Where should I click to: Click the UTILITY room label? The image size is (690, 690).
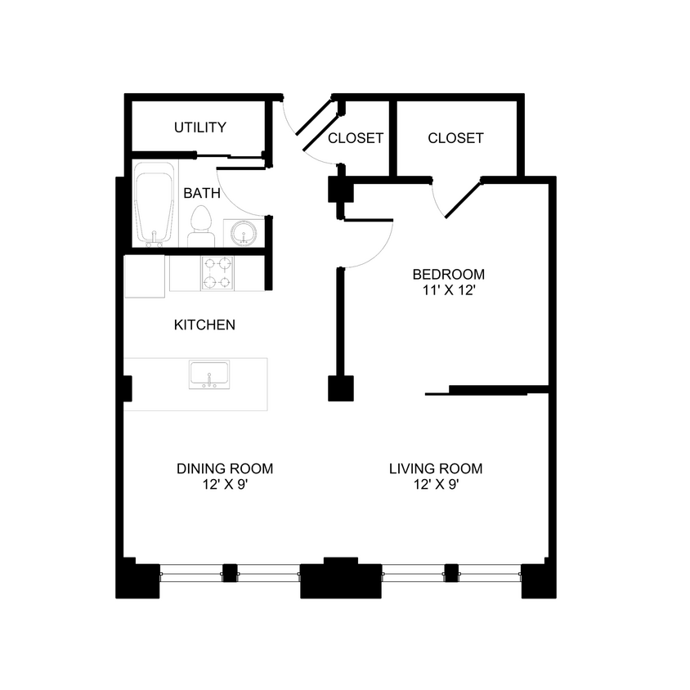(x=199, y=128)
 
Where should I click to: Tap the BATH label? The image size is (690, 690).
(x=201, y=194)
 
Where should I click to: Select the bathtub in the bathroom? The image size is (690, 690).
(x=155, y=204)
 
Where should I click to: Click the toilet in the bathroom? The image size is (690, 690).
(x=201, y=226)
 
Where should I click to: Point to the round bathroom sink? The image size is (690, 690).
(x=244, y=234)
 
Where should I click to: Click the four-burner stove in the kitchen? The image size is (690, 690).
(x=217, y=273)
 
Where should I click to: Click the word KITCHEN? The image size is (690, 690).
(x=204, y=325)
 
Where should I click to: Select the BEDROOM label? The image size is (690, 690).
(x=448, y=275)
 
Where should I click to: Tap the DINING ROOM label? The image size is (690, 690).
(x=225, y=469)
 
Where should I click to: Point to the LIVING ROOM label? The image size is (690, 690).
(x=436, y=469)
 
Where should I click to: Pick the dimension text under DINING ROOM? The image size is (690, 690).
(x=224, y=485)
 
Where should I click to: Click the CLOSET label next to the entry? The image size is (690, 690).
(x=356, y=138)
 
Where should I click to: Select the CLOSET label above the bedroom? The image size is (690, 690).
(x=455, y=138)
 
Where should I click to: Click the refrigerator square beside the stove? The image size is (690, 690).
(x=144, y=274)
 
